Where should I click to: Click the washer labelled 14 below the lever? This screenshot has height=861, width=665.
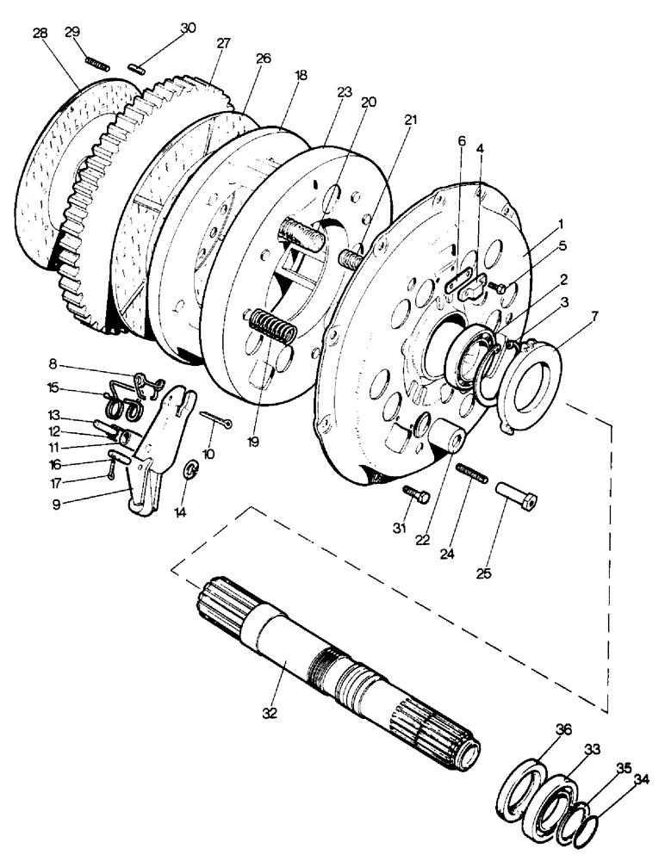(192, 470)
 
